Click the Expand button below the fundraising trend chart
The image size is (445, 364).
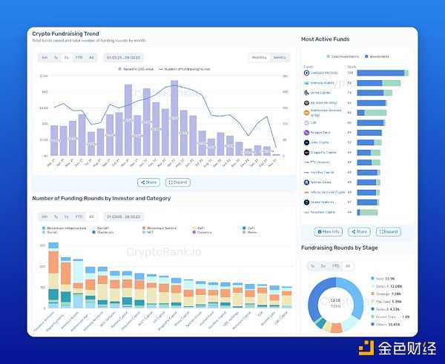178,182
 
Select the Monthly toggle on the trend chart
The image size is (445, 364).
260,57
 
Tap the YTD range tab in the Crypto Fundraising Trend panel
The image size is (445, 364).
79,57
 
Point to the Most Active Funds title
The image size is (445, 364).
326,39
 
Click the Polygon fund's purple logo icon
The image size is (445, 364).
306,132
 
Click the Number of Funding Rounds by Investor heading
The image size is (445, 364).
101,199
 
